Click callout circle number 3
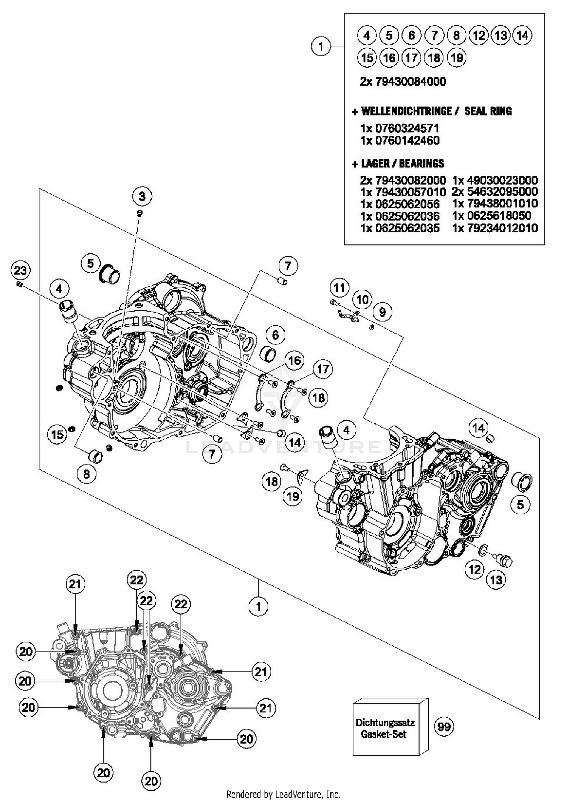(142, 196)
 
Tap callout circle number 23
(20, 270)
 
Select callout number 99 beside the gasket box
(444, 726)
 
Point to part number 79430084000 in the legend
(410, 82)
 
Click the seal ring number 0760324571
(407, 128)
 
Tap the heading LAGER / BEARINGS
(402, 164)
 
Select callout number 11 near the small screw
(339, 288)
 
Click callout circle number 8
(87, 474)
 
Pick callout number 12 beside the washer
(474, 569)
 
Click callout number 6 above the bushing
(275, 335)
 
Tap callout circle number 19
(293, 496)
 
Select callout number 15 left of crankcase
(57, 434)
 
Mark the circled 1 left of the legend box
(321, 46)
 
